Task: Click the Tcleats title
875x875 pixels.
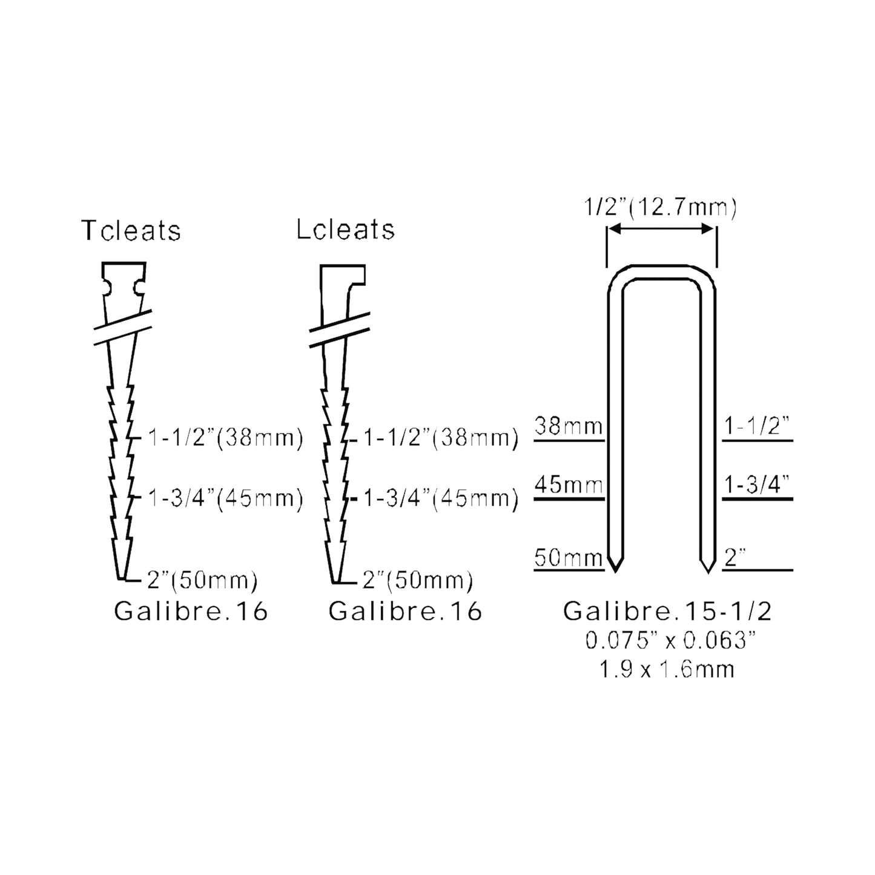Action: [x=131, y=230]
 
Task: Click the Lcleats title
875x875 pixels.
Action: [x=346, y=229]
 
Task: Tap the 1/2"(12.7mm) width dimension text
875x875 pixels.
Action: [x=660, y=208]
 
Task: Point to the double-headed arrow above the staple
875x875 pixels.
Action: [x=661, y=228]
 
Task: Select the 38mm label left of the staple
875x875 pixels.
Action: [x=569, y=426]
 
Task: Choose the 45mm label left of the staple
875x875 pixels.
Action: [x=569, y=484]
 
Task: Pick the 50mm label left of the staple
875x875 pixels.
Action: [x=569, y=557]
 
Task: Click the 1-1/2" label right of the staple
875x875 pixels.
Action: [x=757, y=426]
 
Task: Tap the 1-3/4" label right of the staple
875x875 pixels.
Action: [x=757, y=484]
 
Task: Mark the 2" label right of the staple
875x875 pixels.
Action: [x=735, y=557]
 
